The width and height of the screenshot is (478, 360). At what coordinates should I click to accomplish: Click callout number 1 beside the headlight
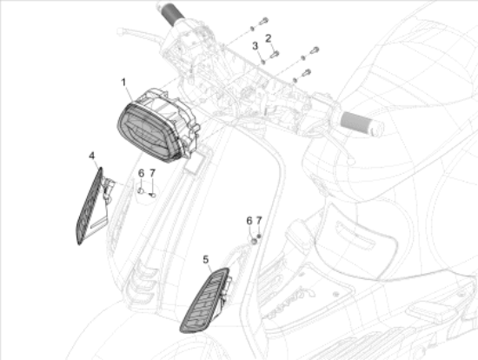pos(125,82)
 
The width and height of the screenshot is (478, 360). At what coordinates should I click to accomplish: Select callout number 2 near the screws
pos(269,37)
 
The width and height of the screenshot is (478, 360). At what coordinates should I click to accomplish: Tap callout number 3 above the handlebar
pos(255,45)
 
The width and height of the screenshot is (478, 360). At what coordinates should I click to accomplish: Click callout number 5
pos(206,258)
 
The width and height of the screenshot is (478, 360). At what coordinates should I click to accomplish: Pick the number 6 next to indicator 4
pos(140,173)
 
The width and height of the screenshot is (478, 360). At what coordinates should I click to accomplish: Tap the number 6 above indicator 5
pos(249,221)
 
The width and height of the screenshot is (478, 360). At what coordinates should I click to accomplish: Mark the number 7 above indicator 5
pos(258,221)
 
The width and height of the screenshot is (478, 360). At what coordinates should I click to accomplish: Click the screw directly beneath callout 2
pos(274,54)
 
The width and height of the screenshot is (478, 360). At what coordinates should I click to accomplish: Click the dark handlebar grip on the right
pos(363,123)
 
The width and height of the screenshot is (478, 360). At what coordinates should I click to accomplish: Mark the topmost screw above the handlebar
pos(263,19)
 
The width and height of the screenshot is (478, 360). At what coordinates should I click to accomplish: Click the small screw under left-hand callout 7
pos(153,194)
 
